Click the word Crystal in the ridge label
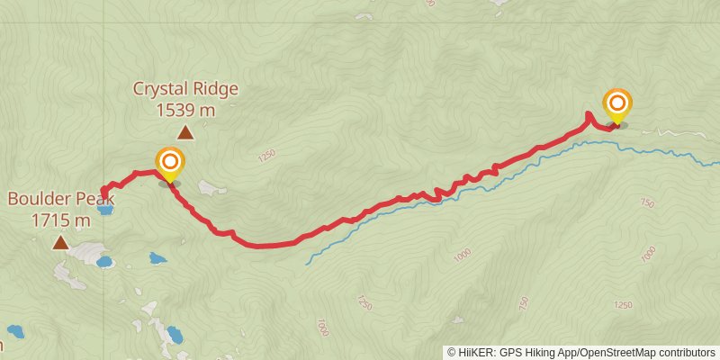pos(160,89)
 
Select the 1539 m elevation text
pos(185,111)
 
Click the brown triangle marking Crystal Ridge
pos(185,133)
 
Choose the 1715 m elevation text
pos(60,220)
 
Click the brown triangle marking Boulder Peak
pos(60,242)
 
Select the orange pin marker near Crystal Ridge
pos(170,164)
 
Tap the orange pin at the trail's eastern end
pos(617,104)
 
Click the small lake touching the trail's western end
pos(105,211)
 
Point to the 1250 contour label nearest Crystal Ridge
pos(265,156)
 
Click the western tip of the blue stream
pos(307,263)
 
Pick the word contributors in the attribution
pos(688,353)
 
